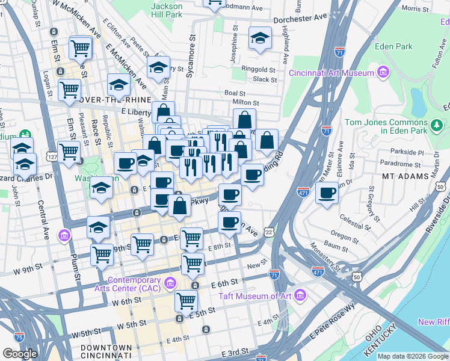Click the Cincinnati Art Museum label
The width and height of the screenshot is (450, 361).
[331, 73]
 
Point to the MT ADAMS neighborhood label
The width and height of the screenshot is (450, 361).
[405, 176]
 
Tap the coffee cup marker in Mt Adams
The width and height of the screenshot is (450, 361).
[327, 194]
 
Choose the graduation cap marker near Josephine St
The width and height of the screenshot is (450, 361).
[260, 39]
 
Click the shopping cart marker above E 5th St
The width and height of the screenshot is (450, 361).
[186, 300]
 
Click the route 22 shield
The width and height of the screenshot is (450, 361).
[268, 232]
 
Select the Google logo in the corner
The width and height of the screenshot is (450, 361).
[20, 353]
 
